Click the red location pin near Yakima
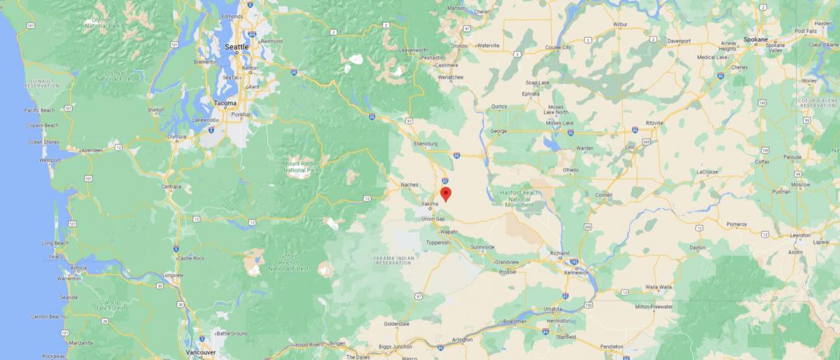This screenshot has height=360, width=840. pyautogui.click(x=445, y=193)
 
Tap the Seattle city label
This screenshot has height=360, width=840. pyautogui.click(x=237, y=47)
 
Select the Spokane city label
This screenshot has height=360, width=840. pyautogui.click(x=755, y=40)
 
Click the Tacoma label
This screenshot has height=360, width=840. pyautogui.click(x=225, y=103)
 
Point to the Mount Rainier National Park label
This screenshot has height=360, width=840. pyautogui.click(x=300, y=167)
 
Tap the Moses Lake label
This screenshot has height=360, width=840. pyautogui.click(x=559, y=123)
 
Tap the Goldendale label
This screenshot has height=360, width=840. pyautogui.click(x=396, y=324)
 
